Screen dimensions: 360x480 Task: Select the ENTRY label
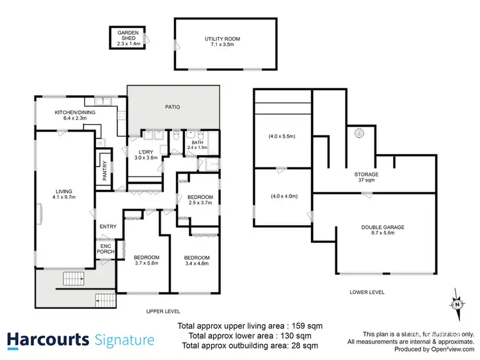coord(107,227)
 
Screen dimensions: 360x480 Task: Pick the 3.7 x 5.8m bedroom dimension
coord(147,262)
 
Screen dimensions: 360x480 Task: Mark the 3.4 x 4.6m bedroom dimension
coord(196,262)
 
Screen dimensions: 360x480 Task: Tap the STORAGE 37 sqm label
coord(367,178)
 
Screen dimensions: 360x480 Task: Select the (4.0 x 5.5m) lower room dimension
coord(282,136)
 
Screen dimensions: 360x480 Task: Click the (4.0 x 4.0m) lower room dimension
coord(282,196)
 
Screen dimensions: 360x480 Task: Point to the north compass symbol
coord(456,303)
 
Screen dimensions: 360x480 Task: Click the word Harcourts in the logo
coord(48,340)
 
